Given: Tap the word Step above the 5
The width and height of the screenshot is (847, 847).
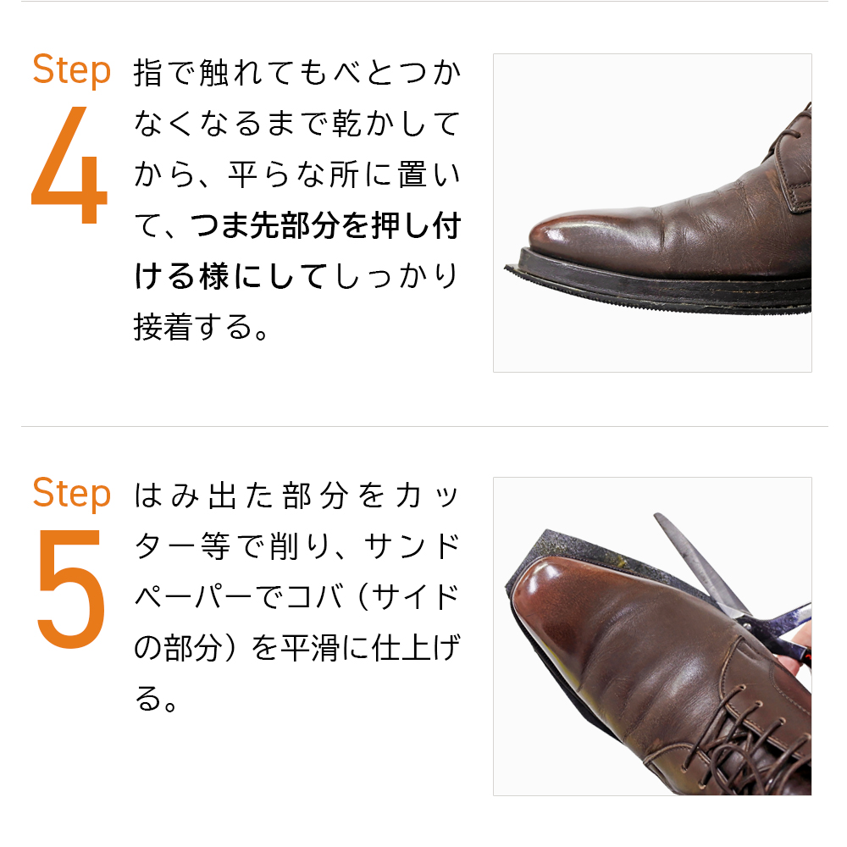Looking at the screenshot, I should pyautogui.click(x=71, y=493).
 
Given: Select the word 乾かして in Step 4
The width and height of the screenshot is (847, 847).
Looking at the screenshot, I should pyautogui.click(x=398, y=125).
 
